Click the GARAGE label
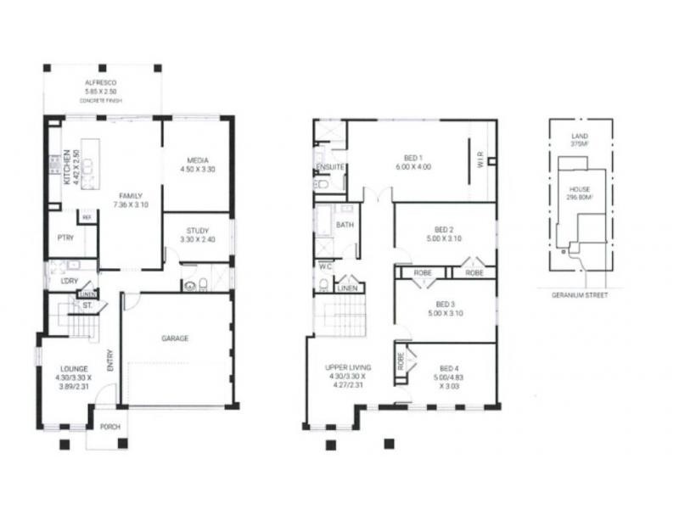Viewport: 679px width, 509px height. coord(176,338)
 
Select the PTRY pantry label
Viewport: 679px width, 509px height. coord(65,239)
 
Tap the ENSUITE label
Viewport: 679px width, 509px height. coord(330,166)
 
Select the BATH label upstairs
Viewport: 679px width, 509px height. coord(345,225)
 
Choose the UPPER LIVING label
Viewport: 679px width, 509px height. coord(346,367)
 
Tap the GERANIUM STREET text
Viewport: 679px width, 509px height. coord(580,294)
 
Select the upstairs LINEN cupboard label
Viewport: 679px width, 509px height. coord(346,289)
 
